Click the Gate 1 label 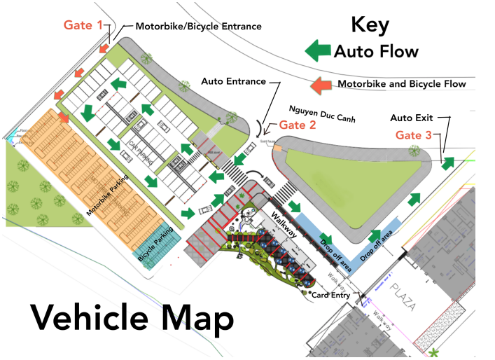[x=83, y=25]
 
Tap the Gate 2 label [x=298, y=125]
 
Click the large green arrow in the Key [x=319, y=50]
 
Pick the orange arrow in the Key [x=321, y=85]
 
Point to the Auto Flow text [x=376, y=51]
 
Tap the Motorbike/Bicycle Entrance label [x=198, y=27]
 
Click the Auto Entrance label [x=233, y=81]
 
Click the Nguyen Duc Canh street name [x=323, y=112]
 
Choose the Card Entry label [x=331, y=295]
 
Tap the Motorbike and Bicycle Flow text [x=402, y=84]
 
